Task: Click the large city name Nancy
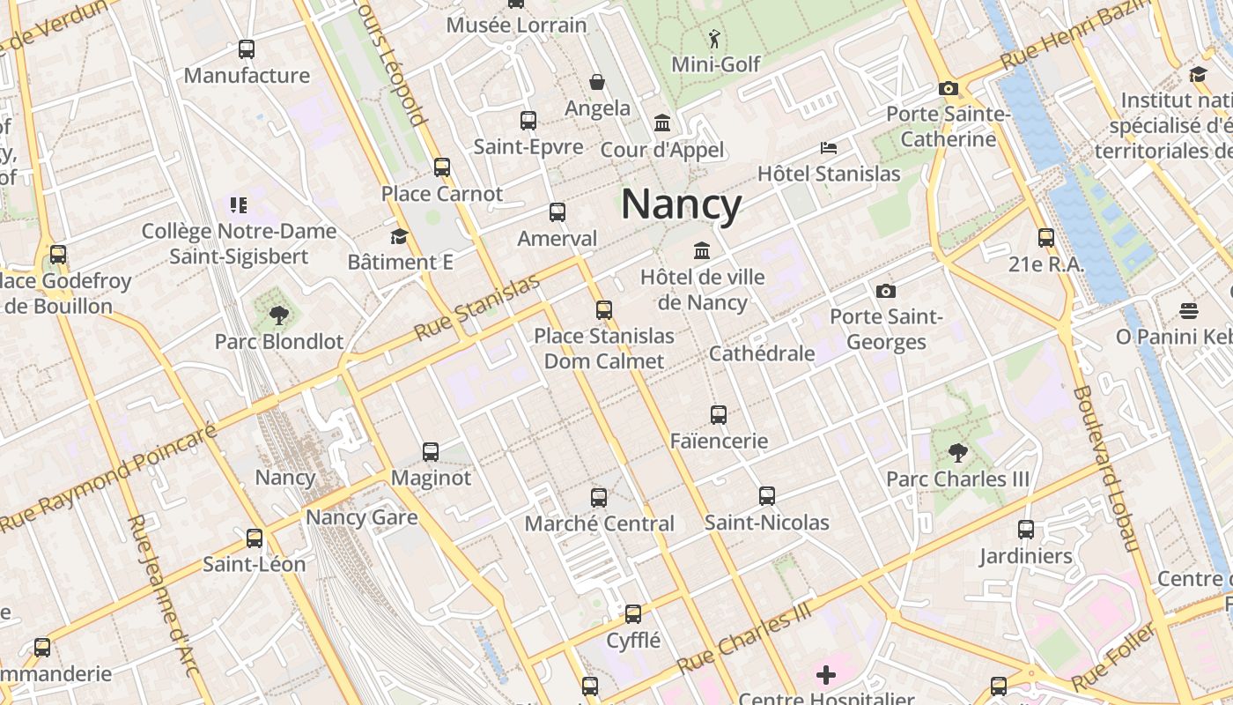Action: [681, 204]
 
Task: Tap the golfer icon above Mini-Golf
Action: [713, 39]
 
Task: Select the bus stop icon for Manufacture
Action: [247, 49]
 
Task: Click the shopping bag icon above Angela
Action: [597, 82]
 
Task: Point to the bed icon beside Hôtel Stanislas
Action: [828, 146]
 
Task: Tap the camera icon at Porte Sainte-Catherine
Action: [948, 88]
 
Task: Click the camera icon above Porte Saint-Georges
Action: [885, 291]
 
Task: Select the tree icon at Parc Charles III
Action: [957, 453]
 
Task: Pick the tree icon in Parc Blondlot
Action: [279, 315]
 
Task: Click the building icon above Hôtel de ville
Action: [702, 251]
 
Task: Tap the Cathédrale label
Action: [762, 353]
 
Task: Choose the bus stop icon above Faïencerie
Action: [719, 414]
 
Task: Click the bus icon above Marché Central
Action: [599, 497]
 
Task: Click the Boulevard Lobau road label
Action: [1106, 467]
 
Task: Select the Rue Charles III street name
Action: [744, 641]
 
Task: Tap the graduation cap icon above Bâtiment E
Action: [400, 236]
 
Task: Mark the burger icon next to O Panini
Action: [1189, 310]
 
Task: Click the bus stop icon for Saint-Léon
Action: [255, 538]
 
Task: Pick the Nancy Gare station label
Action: [361, 517]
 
